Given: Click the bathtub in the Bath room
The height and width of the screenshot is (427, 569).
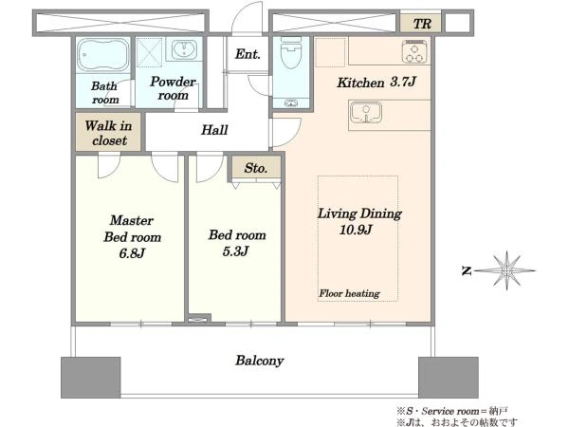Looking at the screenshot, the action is (x=103, y=54).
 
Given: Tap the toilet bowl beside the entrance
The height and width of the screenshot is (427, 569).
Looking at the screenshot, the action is (x=291, y=53).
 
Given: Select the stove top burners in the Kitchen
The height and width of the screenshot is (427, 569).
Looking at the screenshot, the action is (x=414, y=51).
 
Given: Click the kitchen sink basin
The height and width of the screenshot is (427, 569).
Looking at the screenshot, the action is (x=366, y=112).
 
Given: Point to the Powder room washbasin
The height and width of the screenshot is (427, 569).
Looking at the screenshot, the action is (x=184, y=49).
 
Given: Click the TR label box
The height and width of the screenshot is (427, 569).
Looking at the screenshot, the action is (x=421, y=24).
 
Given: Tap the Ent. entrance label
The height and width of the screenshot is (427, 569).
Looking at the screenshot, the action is (x=248, y=54).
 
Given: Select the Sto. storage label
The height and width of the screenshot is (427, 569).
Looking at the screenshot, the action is (x=256, y=168).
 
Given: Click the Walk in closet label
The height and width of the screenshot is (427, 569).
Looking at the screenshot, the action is (x=108, y=133).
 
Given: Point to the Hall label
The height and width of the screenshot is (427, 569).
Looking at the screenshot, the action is (x=214, y=130).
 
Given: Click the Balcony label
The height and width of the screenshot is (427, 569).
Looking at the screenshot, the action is (x=260, y=361).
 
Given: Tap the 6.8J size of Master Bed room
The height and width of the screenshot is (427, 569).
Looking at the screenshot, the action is (x=132, y=252).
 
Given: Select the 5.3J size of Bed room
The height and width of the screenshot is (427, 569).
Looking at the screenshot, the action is (x=235, y=251).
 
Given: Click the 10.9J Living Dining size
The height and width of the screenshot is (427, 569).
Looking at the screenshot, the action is (x=356, y=230).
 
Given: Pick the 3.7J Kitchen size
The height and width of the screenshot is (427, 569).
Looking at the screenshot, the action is (x=403, y=82).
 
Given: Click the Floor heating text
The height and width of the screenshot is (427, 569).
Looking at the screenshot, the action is (x=349, y=293).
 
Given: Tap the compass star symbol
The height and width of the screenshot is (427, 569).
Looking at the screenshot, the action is (x=506, y=270).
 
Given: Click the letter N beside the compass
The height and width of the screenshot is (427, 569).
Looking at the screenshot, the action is (x=467, y=270).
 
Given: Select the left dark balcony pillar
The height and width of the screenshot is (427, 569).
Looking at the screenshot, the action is (x=91, y=378).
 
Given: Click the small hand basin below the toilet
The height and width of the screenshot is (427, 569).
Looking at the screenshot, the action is (x=291, y=103).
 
